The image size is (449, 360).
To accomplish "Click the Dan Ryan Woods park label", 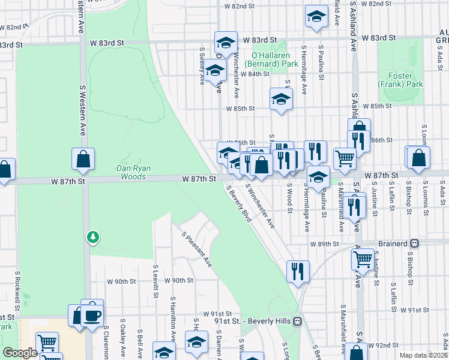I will (130, 173).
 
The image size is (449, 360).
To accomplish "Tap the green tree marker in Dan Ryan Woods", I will (92, 238).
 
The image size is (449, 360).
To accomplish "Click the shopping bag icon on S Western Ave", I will (83, 159).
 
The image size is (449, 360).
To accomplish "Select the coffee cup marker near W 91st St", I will (92, 314).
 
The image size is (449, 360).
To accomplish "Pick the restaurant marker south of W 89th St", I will (297, 271).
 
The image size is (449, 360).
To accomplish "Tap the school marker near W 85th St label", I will (280, 99).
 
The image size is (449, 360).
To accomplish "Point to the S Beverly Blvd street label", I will (238, 204).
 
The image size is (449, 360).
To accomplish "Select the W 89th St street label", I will (325, 244).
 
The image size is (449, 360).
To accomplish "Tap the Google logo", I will (20, 353).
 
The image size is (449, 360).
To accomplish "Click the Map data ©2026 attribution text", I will (423, 355).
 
